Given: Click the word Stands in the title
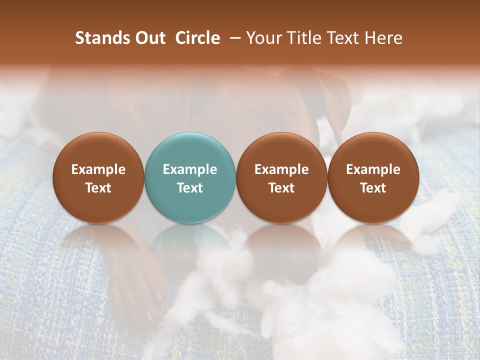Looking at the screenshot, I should tap(98, 38).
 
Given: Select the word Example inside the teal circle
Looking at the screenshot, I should tap(190, 169).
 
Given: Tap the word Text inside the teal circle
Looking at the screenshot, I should tap(190, 188).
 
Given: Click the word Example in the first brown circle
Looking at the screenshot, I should tap(98, 169).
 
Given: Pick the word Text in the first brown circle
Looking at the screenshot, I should tap(98, 188).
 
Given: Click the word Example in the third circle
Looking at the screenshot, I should tap(281, 169).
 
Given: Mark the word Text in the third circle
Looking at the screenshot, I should tap(281, 188).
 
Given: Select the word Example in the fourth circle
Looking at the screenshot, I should tap(373, 169).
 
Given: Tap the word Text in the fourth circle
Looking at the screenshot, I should tap(373, 188).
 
